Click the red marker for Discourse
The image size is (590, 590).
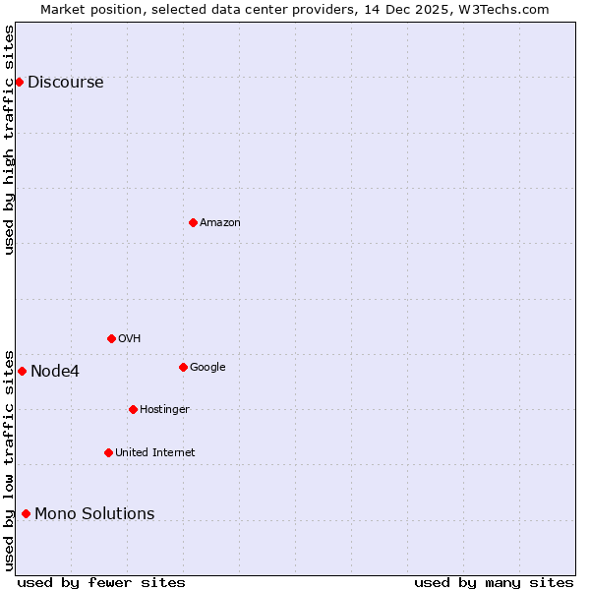[19, 82]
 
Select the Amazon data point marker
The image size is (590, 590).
[193, 222]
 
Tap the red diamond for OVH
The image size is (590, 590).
[111, 338]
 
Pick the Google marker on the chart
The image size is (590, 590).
[183, 367]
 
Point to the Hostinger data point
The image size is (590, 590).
[133, 409]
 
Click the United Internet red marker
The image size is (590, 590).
[108, 452]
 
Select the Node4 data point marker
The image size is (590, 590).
[22, 371]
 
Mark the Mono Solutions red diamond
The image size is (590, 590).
[26, 513]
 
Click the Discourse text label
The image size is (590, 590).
[65, 83]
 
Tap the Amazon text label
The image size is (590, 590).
[219, 223]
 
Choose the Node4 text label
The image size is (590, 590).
[55, 372]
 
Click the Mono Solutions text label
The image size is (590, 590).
[94, 514]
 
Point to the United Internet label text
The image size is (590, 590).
[154, 453]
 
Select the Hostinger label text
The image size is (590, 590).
[164, 410]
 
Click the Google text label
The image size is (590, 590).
[207, 368]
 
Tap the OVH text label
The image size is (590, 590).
[129, 339]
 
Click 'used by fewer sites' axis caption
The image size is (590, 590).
[101, 582]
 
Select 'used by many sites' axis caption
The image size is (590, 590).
[494, 582]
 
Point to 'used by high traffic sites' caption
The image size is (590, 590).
[9, 140]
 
